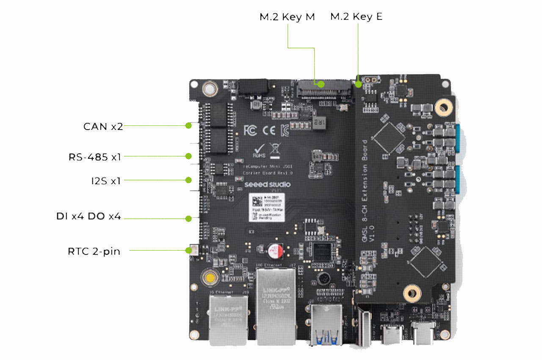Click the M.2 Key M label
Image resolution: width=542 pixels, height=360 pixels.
287,17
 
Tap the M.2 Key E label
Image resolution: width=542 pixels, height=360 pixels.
356,17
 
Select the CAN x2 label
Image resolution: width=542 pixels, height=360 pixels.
103,126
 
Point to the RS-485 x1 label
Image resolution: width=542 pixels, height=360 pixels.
95,157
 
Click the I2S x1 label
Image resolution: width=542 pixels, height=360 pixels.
105,181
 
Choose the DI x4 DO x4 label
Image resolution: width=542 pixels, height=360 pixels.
88,216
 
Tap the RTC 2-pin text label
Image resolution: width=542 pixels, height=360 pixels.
94,251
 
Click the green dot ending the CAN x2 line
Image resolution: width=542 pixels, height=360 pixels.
188,125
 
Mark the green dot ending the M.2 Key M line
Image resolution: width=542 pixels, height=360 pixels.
321,84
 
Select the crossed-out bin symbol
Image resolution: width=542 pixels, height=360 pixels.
274,149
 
